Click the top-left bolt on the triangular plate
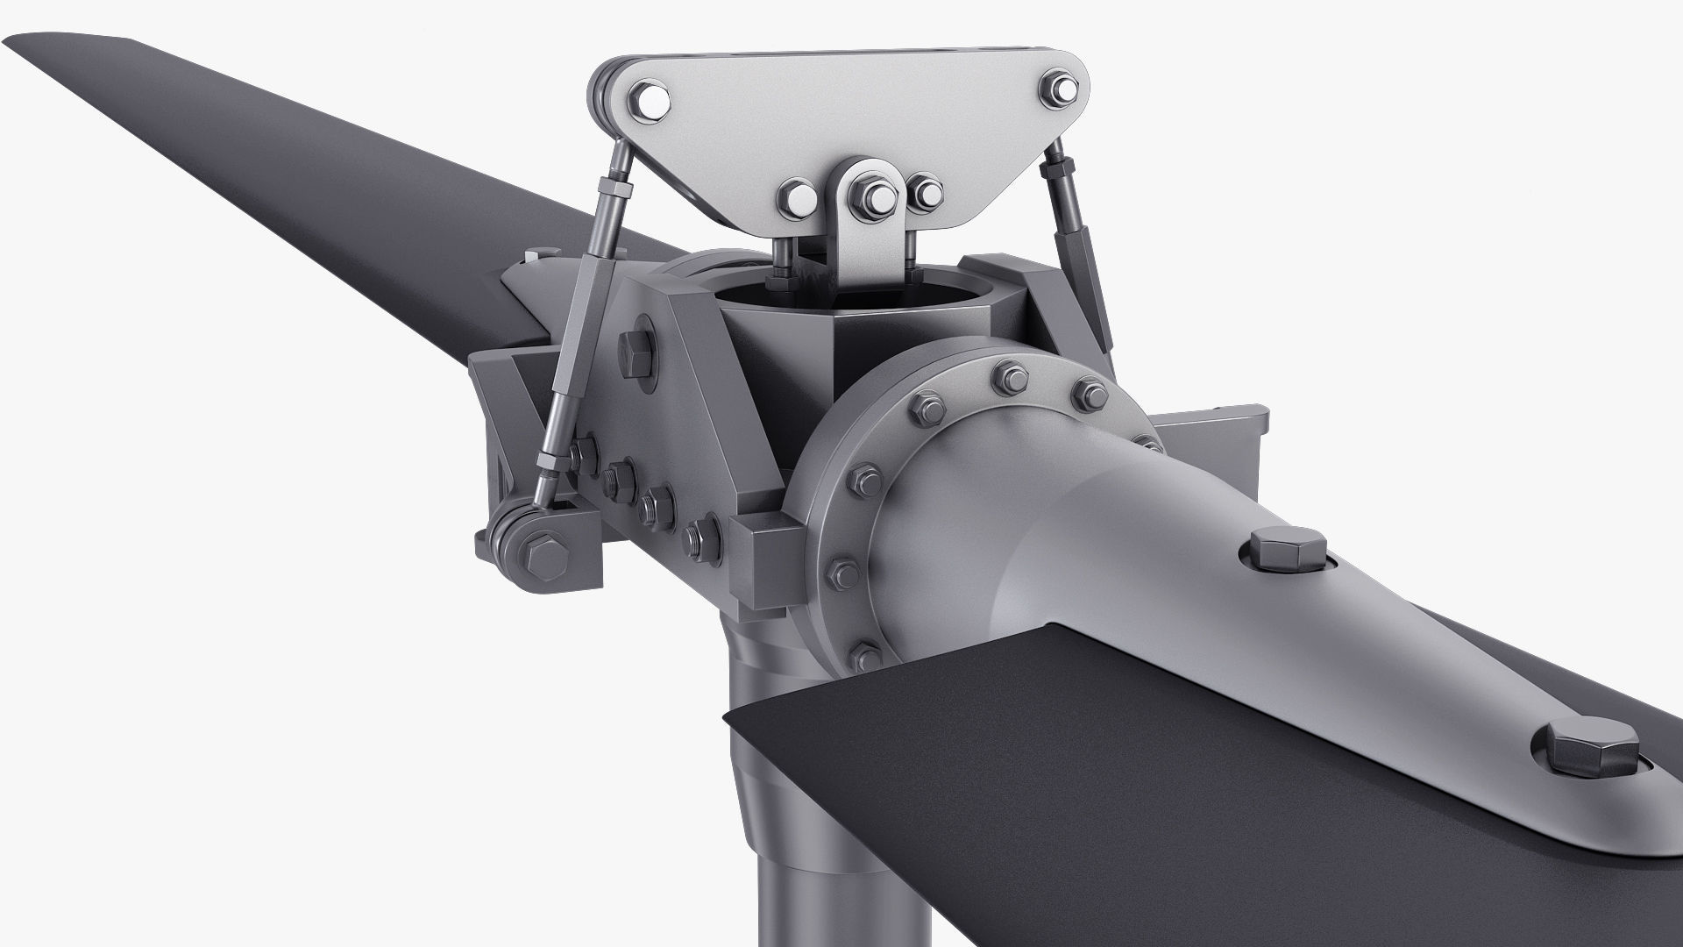(648, 99)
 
